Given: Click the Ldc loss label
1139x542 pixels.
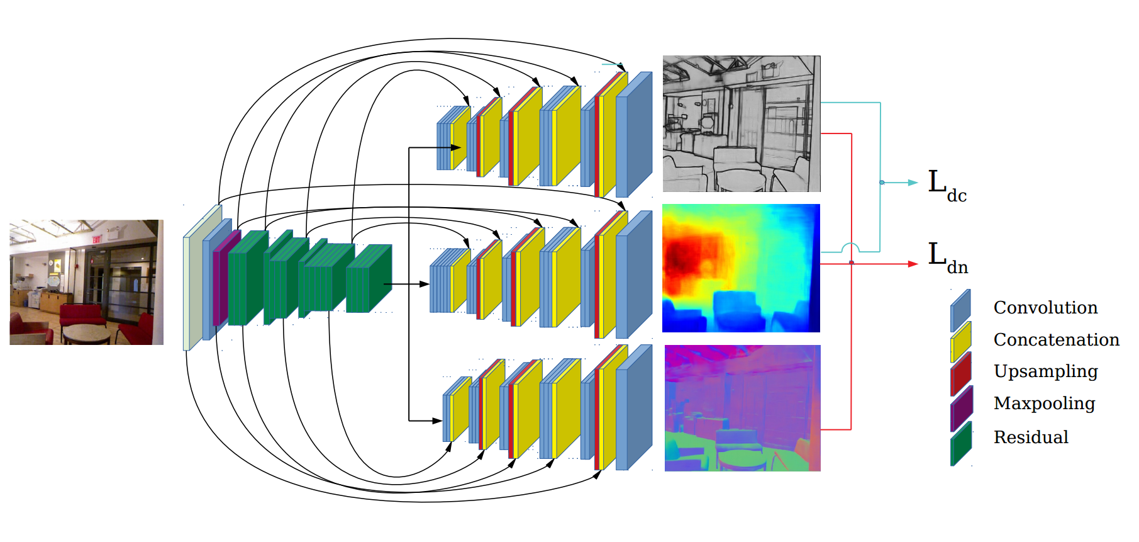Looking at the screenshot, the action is click(x=947, y=186).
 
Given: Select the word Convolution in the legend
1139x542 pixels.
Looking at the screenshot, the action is click(x=1045, y=307).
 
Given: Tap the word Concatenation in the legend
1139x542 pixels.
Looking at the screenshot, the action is click(x=1057, y=339).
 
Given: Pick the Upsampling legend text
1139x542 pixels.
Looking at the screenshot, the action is click(x=1046, y=371).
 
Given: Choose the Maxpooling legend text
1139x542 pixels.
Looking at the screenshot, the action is click(x=1045, y=404).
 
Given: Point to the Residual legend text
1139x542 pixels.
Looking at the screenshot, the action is click(x=1031, y=437).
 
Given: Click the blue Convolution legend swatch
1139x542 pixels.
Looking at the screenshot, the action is click(x=960, y=310).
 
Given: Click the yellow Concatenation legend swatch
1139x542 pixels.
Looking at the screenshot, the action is click(x=960, y=342).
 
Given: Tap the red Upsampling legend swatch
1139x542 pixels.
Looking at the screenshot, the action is click(x=960, y=374).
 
